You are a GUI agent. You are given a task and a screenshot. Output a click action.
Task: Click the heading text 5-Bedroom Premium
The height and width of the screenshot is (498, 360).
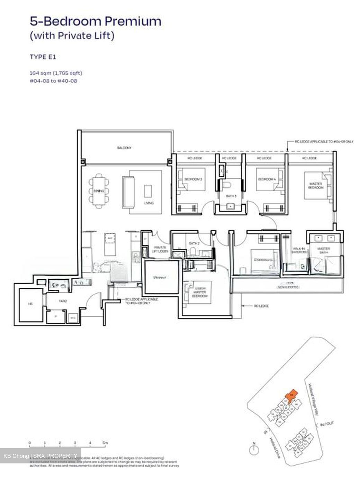[x=95, y=21]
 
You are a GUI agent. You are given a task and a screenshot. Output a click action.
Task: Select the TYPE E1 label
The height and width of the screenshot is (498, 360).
[x=43, y=57]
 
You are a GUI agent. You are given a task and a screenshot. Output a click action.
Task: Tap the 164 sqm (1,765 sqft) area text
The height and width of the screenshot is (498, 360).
[x=56, y=73]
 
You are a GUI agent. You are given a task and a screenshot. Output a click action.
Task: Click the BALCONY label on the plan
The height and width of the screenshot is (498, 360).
[x=124, y=148]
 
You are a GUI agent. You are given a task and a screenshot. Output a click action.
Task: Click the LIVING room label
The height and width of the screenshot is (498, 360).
[x=148, y=203]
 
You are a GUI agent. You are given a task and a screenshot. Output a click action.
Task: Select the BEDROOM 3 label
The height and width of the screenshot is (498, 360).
[x=193, y=179]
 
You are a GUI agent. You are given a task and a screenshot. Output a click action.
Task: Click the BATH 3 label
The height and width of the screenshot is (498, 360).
[x=231, y=196]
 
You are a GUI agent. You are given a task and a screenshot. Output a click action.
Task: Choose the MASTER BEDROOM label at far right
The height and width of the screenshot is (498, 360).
[x=315, y=186]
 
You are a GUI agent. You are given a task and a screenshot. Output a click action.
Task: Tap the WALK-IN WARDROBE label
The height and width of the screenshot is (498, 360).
[x=299, y=250]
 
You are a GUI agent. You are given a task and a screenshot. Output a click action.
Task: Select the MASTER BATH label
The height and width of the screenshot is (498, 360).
[x=324, y=251]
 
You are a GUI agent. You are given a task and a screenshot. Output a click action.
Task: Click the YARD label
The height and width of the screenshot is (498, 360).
[x=63, y=301]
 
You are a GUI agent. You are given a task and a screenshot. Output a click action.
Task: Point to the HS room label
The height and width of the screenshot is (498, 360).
[x=30, y=304]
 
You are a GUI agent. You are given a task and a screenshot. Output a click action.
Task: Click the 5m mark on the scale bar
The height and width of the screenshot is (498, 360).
[x=105, y=443]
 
